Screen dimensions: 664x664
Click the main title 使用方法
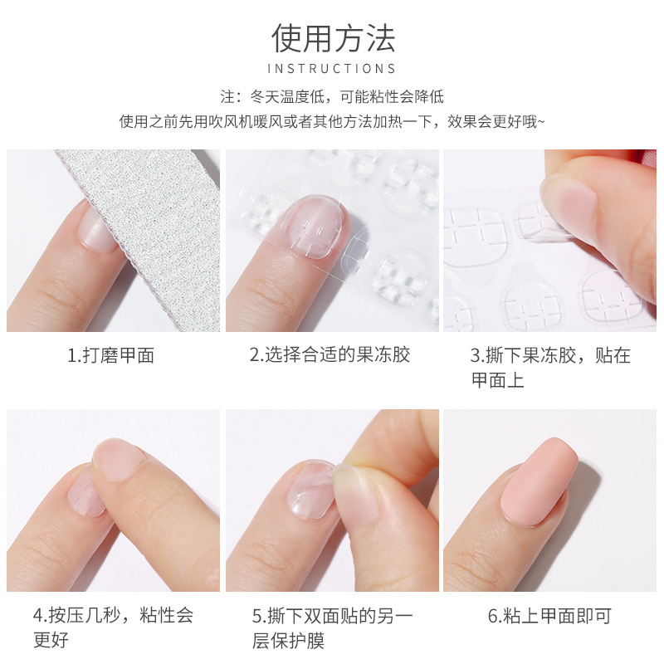click(333, 38)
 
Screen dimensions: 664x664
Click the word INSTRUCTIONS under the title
click(332, 69)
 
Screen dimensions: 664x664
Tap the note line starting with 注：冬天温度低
click(332, 97)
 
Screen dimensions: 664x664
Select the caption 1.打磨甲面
click(110, 356)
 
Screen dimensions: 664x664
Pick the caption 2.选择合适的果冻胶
click(330, 356)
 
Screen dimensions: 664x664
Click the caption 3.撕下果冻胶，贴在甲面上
click(550, 368)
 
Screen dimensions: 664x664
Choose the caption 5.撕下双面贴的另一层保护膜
click(332, 627)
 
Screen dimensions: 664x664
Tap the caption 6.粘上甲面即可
click(549, 616)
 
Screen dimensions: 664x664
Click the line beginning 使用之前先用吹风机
click(332, 122)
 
